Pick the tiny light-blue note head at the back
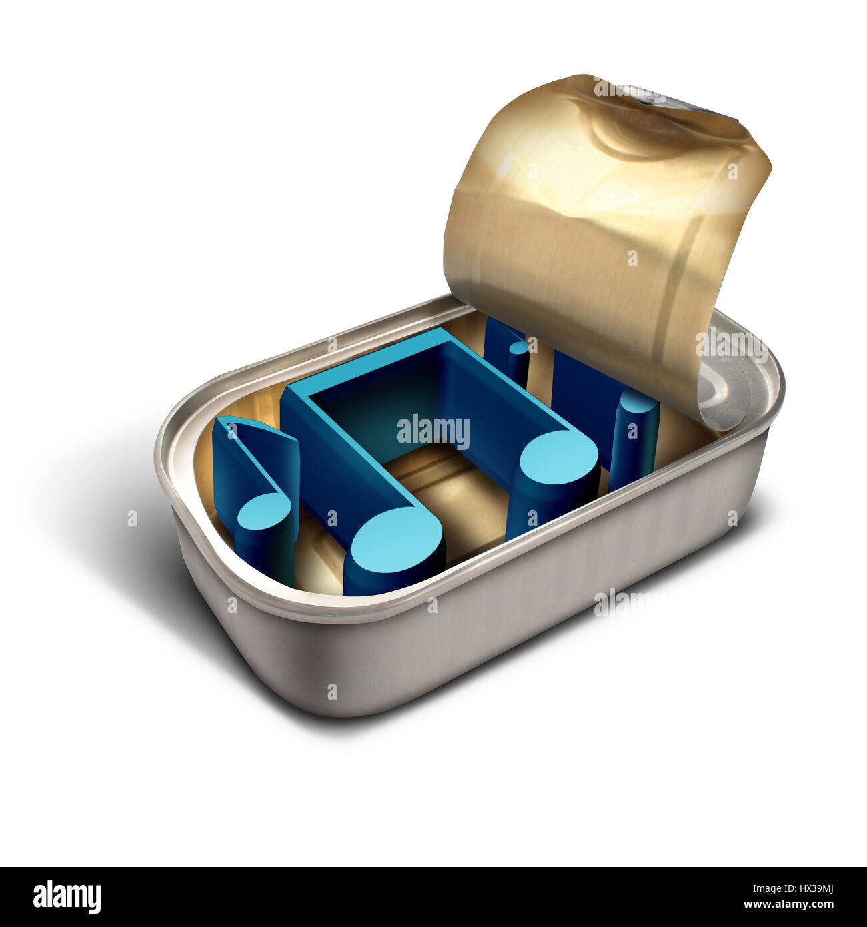pos(519,347)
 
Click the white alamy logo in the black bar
pos(67,897)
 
